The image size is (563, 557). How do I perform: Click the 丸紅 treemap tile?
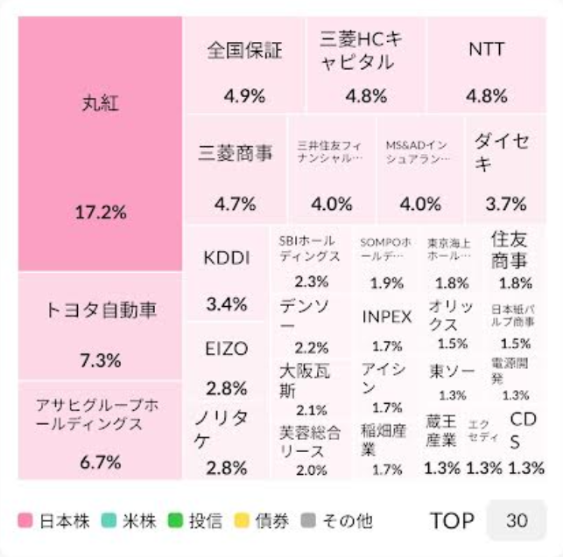100,144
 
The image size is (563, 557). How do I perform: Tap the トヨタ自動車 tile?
100,326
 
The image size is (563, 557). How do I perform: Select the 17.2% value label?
100,212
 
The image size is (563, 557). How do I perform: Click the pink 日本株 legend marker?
25,521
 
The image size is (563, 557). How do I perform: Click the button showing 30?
517,521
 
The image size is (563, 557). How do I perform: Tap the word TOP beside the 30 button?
452,521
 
